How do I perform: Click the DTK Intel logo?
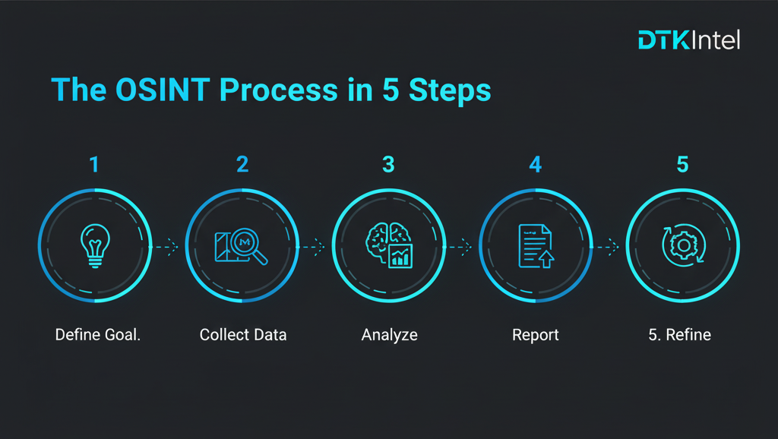point(688,40)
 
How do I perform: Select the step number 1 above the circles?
point(94,164)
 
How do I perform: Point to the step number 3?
point(388,164)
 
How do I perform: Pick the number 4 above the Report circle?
point(535,164)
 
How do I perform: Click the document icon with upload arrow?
point(535,246)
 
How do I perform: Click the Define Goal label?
point(98,335)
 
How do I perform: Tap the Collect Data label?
point(243,335)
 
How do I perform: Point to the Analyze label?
point(389,335)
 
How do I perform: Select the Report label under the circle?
point(536,335)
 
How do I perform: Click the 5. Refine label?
point(679,335)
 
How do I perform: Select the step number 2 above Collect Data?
point(242,164)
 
